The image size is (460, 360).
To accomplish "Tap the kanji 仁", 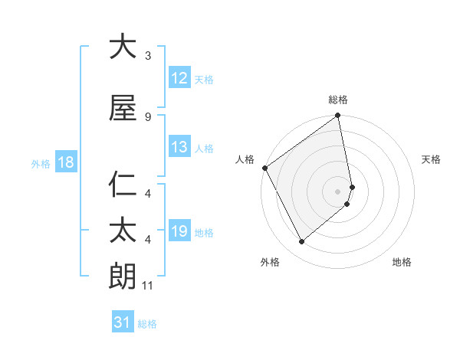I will pos(123,186).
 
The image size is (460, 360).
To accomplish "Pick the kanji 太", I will pos(123,231).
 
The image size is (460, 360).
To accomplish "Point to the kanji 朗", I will pos(123,276).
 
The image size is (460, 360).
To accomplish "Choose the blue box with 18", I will pos(65,162).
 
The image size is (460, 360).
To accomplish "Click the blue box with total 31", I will pos(123,323).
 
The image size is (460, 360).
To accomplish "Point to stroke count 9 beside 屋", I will pos(148,117).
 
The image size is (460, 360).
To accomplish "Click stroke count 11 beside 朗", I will pos(149,286).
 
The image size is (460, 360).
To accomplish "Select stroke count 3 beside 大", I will pos(148,56).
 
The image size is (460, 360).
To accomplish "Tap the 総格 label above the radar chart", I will pos(338,100).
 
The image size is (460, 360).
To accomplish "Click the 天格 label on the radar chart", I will pos(432,159).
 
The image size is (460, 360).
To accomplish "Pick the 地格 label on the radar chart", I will pos(402,262).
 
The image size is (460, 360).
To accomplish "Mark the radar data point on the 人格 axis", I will pos(264,168).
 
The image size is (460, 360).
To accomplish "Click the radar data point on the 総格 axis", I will pos(338,116).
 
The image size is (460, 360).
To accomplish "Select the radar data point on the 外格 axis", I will pos(302,241).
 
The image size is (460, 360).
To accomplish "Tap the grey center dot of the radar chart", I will pos(338,191).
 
